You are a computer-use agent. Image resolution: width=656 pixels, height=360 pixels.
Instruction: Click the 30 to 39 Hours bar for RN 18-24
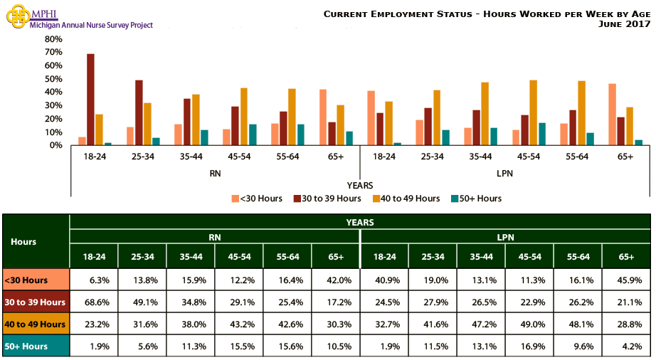coord(90,100)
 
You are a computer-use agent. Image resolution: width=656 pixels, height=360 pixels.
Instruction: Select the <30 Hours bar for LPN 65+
coord(613,115)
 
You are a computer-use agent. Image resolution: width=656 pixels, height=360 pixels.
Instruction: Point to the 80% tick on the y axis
coord(53,38)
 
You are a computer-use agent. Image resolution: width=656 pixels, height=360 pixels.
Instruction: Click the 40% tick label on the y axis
coord(53,92)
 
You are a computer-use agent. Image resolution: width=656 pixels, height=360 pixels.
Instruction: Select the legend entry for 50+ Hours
coord(476,198)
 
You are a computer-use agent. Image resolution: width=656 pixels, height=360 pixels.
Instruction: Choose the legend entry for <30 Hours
coord(257,198)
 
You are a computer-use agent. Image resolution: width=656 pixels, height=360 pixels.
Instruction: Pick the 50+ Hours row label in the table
coord(36,346)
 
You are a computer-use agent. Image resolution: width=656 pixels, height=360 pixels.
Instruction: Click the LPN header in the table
coord(505,236)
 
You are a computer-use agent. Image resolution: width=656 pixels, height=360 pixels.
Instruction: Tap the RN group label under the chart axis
coord(215,173)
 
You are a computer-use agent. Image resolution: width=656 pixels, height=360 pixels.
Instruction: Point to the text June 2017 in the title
coord(625,24)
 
